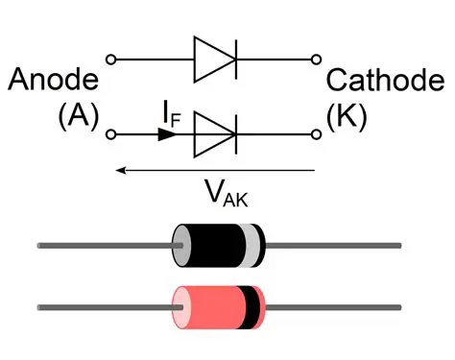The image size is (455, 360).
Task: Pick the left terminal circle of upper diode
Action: pyautogui.click(x=111, y=60)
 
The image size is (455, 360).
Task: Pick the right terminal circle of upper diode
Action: pyautogui.click(x=317, y=60)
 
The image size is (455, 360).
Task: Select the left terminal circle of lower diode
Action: pyautogui.click(x=111, y=134)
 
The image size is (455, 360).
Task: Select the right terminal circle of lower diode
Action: pyautogui.click(x=317, y=134)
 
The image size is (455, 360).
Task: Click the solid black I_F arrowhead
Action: pyautogui.click(x=166, y=134)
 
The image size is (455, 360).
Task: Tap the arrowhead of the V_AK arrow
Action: pyautogui.click(x=117, y=171)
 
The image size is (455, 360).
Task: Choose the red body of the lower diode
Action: pyautogui.click(x=211, y=306)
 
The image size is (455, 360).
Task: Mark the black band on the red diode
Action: pyautogui.click(x=250, y=306)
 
